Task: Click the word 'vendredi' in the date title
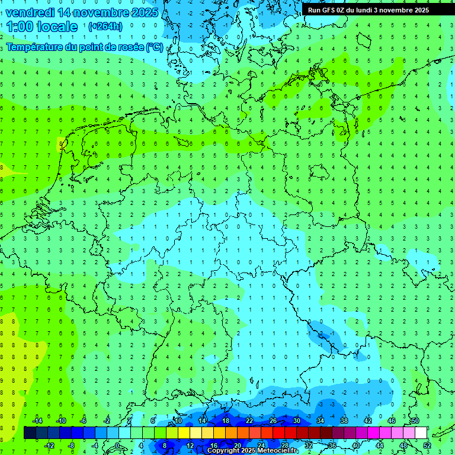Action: point(29,12)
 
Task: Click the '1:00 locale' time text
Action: point(43,27)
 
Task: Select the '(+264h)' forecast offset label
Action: point(105,27)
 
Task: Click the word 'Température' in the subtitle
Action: point(34,47)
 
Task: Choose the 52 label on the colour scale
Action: point(427,446)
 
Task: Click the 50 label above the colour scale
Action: point(415,421)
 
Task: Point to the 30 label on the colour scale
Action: point(296,421)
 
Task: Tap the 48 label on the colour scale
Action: point(403,446)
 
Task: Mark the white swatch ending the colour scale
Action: point(421,433)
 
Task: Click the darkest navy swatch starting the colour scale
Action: point(30,433)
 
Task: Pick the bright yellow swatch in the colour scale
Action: point(184,433)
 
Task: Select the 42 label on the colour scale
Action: point(367,421)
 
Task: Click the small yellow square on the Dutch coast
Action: point(61,143)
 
